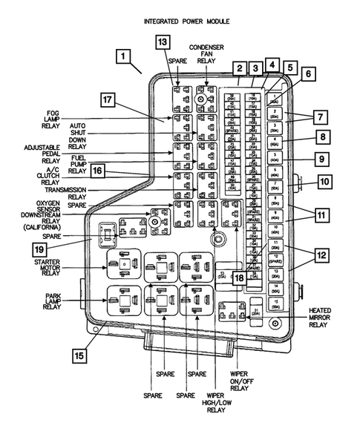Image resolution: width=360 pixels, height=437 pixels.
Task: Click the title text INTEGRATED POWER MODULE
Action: coord(186,23)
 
